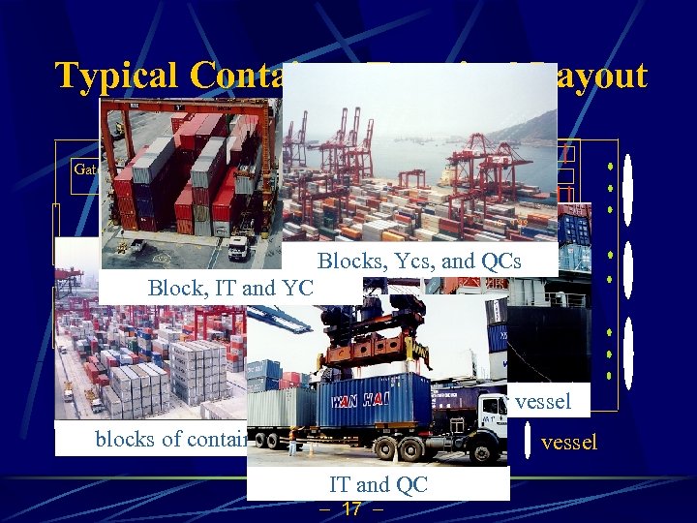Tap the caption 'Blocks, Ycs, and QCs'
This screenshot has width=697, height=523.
click(x=419, y=261)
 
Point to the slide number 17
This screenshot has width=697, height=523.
click(x=351, y=509)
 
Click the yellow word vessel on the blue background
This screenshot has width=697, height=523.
click(x=569, y=443)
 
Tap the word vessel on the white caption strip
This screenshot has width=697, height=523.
click(x=543, y=401)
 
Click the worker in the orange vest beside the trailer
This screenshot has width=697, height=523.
click(x=292, y=442)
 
